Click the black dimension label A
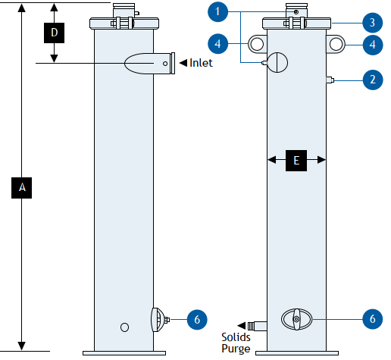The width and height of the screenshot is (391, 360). (22, 188)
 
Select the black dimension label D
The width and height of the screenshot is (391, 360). (54, 33)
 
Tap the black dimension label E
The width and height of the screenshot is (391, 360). (296, 161)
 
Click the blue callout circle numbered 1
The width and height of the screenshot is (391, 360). (217, 11)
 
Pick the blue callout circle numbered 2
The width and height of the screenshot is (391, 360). (373, 80)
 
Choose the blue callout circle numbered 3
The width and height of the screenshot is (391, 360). (373, 23)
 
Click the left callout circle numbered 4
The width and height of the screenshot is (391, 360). (217, 44)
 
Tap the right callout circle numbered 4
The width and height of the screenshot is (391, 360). (373, 45)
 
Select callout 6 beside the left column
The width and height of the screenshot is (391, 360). (197, 320)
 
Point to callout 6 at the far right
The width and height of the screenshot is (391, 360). (373, 319)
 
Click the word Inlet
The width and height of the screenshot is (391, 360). (201, 63)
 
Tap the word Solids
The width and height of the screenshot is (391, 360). (236, 337)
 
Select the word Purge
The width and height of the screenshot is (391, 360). (236, 349)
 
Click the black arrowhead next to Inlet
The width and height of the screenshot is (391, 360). (183, 63)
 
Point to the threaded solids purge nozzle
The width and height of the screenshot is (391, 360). (257, 326)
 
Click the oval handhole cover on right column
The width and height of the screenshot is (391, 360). (296, 319)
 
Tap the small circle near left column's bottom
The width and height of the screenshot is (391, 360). (124, 327)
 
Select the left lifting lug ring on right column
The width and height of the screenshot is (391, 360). (257, 44)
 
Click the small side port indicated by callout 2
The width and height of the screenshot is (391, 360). (330, 80)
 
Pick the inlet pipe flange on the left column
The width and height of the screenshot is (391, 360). (173, 63)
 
